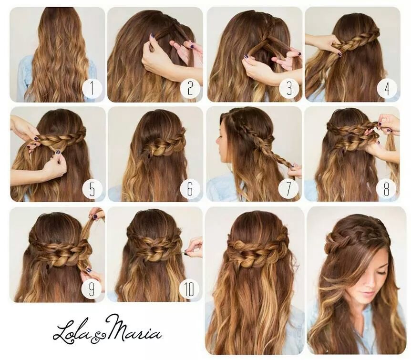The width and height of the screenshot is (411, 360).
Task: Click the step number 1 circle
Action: (x=92, y=88)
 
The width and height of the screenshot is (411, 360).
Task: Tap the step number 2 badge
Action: (x=190, y=88)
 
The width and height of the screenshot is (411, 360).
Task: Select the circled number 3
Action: (x=289, y=88)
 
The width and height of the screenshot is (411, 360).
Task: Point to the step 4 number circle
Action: (x=387, y=88)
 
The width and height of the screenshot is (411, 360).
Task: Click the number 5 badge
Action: (x=92, y=188)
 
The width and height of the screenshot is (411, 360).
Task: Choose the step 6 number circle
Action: (x=190, y=188)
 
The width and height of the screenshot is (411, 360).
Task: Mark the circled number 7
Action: (x=288, y=188)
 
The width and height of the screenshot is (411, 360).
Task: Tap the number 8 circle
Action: (x=386, y=188)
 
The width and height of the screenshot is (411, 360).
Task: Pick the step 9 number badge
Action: (x=92, y=288)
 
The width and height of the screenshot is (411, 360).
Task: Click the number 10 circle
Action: (x=189, y=288)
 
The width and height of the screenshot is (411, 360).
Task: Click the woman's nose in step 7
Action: (x=217, y=143)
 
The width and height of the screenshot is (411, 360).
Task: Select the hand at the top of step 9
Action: (x=95, y=214)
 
